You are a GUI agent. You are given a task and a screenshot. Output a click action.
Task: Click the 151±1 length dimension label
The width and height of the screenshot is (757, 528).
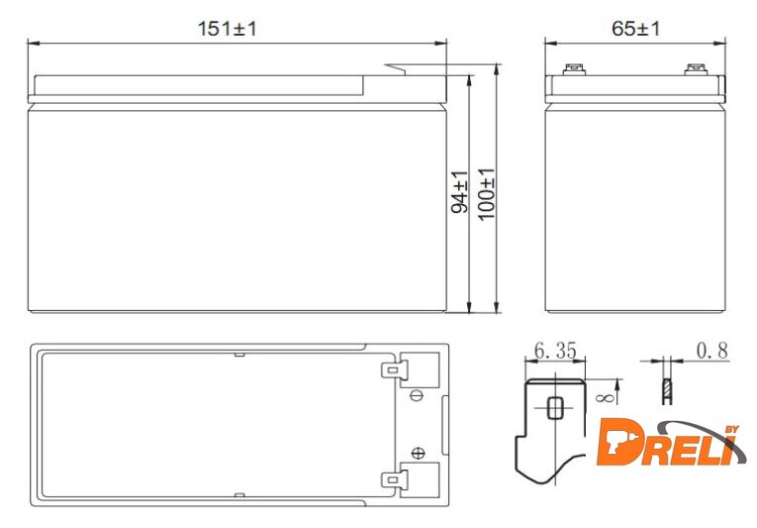(x=227, y=29)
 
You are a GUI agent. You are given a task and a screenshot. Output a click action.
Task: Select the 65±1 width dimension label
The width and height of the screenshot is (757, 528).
(x=635, y=29)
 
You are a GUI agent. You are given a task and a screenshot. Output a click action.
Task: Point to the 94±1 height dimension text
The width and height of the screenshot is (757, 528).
(x=459, y=192)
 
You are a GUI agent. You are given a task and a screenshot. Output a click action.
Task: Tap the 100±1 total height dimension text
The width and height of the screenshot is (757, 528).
(x=487, y=194)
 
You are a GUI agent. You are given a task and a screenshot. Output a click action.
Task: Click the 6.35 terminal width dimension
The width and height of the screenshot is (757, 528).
(x=555, y=351)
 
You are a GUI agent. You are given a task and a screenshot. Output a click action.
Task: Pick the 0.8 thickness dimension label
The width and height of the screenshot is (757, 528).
(x=712, y=351)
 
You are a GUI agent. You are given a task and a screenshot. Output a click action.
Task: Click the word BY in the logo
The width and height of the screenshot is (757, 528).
(x=732, y=429)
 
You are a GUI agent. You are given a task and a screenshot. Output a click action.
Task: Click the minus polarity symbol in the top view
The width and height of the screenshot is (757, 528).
(x=417, y=395)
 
